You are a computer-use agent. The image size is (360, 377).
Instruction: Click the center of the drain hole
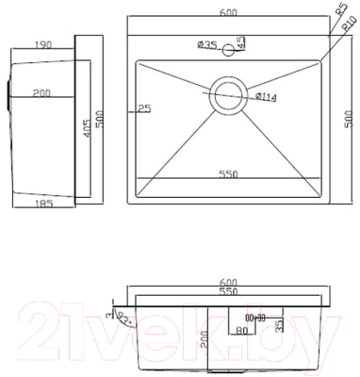coord(227,94)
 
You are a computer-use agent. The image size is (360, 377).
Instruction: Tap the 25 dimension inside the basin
coord(143,107)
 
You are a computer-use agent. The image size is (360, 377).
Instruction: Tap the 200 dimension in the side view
coord(41,93)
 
